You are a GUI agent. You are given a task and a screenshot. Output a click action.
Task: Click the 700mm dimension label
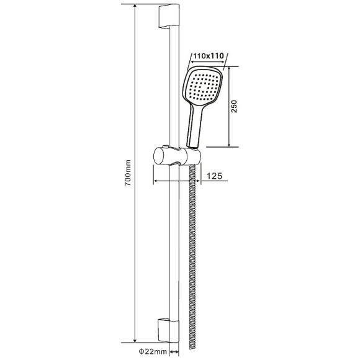(x=128, y=173)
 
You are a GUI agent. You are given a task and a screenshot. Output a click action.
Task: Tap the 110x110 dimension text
(x=208, y=56)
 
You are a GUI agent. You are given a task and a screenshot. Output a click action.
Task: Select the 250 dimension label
(x=234, y=106)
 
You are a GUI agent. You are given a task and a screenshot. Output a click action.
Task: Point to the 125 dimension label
(x=215, y=176)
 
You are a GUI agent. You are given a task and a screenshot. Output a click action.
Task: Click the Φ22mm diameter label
(x=153, y=351)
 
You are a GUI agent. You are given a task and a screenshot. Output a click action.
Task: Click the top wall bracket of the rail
(x=169, y=16)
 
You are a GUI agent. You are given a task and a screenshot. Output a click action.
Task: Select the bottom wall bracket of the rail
(x=168, y=330)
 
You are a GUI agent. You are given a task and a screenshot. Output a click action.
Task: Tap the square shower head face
(x=202, y=86)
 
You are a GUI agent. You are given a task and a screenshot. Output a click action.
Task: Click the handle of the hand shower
(x=195, y=126)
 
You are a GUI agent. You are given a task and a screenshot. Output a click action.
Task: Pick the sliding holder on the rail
(x=177, y=156)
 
